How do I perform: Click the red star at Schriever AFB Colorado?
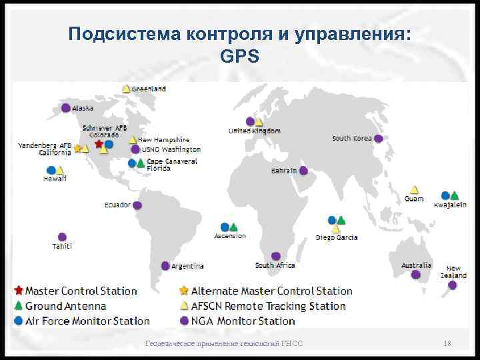(x=99, y=143)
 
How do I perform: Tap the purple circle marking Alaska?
(x=65, y=107)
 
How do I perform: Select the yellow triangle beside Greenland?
(x=126, y=89)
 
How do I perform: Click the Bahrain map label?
(x=283, y=171)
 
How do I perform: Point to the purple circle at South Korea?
(x=378, y=139)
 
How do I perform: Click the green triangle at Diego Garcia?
(x=341, y=220)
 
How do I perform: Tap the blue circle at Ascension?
(x=225, y=227)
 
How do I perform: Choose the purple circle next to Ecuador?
(x=137, y=205)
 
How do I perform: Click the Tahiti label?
(x=62, y=247)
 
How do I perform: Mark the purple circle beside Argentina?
(x=165, y=265)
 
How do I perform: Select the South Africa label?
(x=275, y=265)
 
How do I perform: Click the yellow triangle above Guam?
(x=414, y=189)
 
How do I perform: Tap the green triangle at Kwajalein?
(x=454, y=196)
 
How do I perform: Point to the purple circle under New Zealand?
(x=453, y=285)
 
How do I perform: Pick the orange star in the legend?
(x=183, y=291)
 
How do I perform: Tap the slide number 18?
(x=447, y=343)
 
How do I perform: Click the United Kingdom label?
(x=254, y=131)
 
